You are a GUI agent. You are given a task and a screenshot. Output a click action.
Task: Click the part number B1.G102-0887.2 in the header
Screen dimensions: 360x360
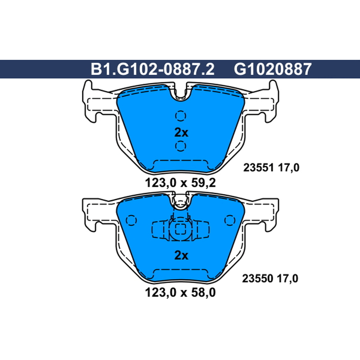point(153,69)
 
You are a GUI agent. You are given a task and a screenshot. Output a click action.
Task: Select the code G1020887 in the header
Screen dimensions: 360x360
point(273,69)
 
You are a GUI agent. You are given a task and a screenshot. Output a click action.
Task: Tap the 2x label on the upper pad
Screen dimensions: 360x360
point(181,132)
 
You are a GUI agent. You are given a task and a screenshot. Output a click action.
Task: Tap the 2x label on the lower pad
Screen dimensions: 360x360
point(181,255)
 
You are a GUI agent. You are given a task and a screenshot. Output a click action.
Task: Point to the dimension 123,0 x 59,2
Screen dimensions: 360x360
point(180,183)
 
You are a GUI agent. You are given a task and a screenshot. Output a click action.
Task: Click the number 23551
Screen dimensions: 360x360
point(258,167)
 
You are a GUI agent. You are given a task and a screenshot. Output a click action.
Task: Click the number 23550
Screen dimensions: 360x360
point(257,279)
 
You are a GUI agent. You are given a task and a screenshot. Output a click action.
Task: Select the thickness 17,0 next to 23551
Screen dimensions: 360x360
point(288,167)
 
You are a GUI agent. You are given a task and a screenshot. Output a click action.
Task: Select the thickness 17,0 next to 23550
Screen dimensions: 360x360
point(288,279)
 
